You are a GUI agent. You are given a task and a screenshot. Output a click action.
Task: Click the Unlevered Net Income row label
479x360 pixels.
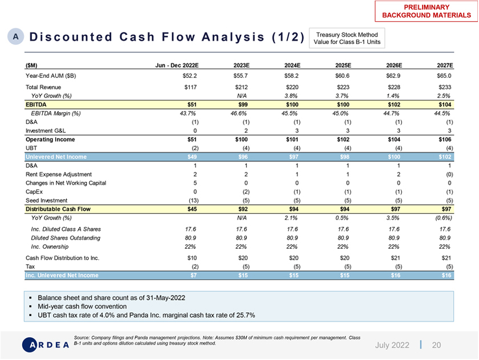56,157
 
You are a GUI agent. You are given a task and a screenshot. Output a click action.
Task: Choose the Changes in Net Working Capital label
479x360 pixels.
66,183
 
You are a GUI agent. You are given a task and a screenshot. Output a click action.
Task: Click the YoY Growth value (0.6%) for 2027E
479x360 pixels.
441,217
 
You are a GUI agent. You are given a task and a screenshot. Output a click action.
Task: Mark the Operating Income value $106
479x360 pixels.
444,139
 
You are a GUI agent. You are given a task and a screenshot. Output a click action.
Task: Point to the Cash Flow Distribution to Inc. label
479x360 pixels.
62,258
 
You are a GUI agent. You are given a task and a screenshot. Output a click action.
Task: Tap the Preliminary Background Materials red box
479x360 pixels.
425,10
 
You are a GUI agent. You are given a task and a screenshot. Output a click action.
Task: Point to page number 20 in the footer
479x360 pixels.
436,345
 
